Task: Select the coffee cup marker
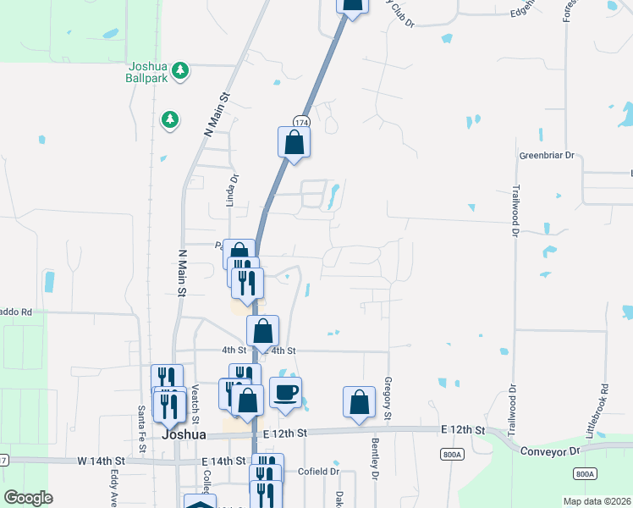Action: point(285,393)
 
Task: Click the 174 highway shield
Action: point(300,123)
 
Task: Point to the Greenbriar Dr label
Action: point(546,156)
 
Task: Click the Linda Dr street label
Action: point(229,190)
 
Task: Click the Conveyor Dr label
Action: point(549,451)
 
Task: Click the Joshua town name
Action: point(184,434)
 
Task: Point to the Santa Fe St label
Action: point(141,422)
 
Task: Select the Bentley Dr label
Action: point(374,458)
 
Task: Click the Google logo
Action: point(28,498)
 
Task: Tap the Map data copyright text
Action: point(597,501)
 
